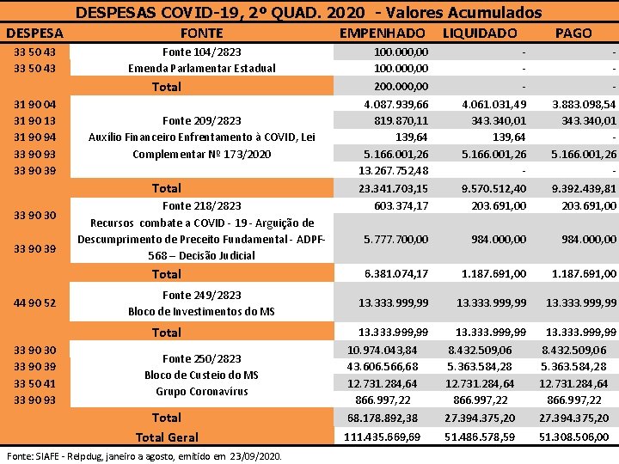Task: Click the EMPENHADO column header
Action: (383, 33)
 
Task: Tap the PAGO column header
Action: (573, 33)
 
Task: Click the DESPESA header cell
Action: (34, 33)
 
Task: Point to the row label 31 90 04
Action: (35, 104)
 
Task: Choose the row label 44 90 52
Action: (35, 302)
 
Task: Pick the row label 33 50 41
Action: (35, 383)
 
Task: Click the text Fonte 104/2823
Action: (202, 52)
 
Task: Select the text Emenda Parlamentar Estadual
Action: (202, 68)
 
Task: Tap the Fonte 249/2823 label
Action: (202, 295)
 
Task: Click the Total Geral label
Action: (167, 437)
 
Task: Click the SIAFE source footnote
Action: (144, 455)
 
